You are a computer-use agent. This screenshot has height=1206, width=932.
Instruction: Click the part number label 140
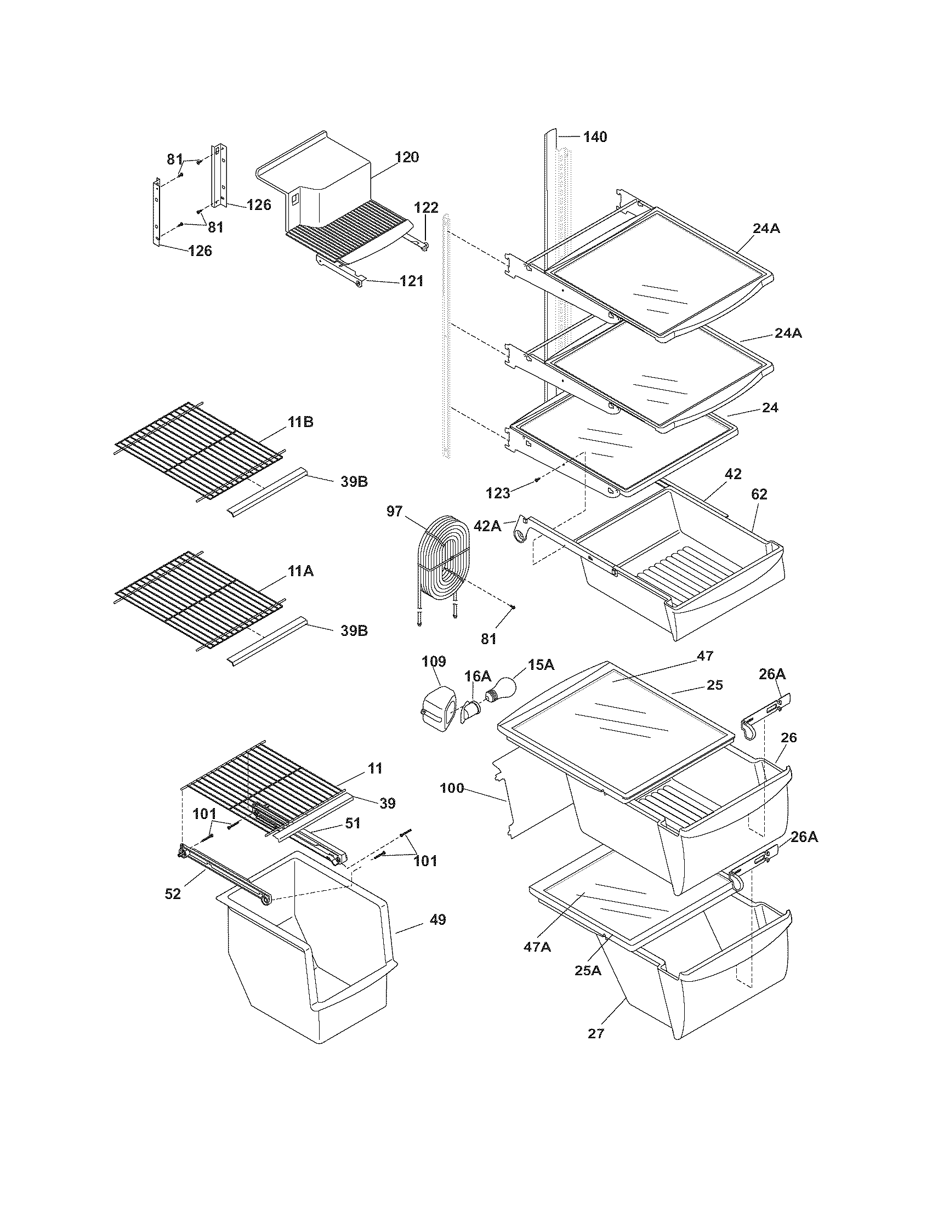[x=595, y=136]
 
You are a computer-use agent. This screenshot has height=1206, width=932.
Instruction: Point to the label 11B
[x=300, y=423]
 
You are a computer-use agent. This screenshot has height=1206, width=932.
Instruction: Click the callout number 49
[x=437, y=920]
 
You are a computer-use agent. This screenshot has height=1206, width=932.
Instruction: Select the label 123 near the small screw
[x=498, y=493]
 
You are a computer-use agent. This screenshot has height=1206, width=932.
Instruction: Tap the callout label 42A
[x=487, y=526]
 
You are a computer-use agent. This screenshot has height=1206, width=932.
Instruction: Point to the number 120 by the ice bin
[x=407, y=157]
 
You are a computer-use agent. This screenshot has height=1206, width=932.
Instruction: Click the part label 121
[x=411, y=281]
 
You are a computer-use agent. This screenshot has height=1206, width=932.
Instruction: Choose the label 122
[x=426, y=208]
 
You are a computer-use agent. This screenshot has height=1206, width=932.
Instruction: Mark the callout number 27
[x=596, y=1033]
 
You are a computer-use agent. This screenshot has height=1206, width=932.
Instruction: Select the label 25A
[x=588, y=971]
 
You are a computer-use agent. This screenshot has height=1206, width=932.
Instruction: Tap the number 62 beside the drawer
[x=759, y=494]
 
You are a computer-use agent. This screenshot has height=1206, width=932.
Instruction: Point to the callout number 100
[x=452, y=788]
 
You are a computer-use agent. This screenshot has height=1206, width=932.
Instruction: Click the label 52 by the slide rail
[x=173, y=894]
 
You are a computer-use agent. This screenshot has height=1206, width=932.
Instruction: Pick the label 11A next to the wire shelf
[x=300, y=571]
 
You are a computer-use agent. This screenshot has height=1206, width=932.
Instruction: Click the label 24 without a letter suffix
[x=770, y=407]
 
